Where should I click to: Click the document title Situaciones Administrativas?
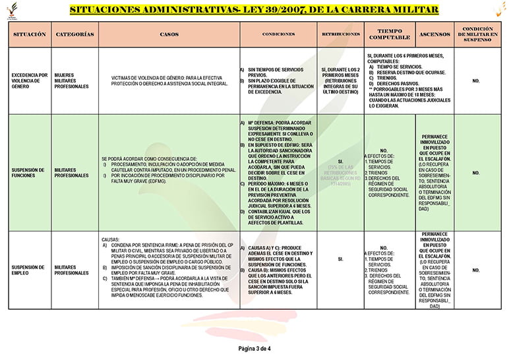(254, 10)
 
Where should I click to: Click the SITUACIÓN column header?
(30, 34)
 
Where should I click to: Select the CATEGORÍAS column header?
(75, 34)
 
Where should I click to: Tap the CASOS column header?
(169, 34)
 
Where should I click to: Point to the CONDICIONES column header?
(278, 34)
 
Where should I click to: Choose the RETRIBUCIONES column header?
(340, 34)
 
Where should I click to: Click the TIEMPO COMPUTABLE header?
(390, 34)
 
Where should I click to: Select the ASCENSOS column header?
(434, 34)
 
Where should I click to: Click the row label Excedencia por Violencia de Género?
(30, 80)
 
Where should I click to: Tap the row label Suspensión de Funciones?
(29, 173)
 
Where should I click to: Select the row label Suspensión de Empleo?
(29, 270)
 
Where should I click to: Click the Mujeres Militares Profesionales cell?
(71, 80)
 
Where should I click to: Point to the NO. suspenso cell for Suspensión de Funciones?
(476, 173)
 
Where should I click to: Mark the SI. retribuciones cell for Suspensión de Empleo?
(340, 260)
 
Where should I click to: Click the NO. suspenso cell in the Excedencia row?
(476, 80)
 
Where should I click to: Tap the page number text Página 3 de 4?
(254, 348)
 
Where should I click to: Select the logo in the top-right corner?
(495, 10)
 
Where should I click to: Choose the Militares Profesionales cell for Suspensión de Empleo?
(71, 270)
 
